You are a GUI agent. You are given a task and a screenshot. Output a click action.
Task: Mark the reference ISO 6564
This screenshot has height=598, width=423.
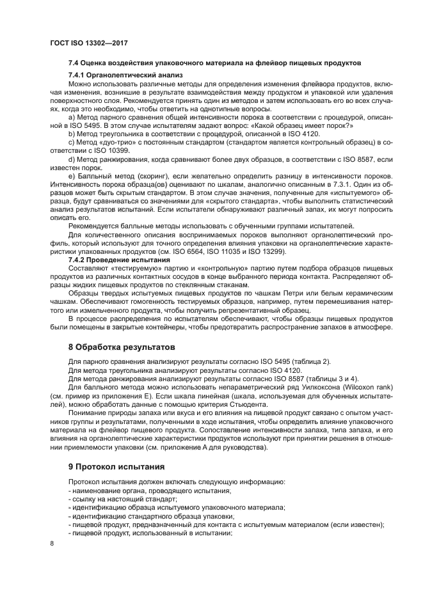click(x=258, y=252)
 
